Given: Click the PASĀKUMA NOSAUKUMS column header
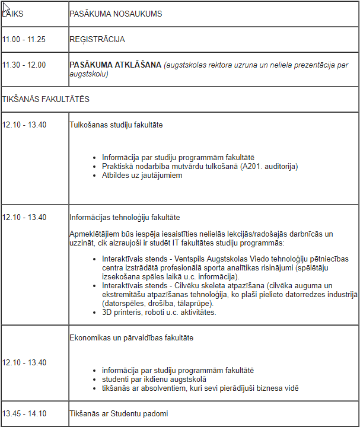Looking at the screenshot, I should tap(115, 13).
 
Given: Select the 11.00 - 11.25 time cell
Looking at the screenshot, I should tap(24, 40).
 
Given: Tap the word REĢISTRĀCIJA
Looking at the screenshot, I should tap(97, 40).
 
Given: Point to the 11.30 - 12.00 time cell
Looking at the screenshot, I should tap(24, 65).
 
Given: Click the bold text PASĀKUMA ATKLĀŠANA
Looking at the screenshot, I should tap(116, 65).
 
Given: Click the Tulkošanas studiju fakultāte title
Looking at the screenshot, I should tap(116, 125).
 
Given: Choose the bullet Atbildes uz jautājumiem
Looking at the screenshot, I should tap(142, 175).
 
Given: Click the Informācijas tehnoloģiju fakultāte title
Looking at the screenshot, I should tap(125, 218).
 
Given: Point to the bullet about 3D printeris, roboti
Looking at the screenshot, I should tap(159, 312).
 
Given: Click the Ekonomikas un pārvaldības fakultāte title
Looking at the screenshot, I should tap(131, 338).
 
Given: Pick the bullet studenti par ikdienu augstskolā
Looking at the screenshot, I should tap(154, 380).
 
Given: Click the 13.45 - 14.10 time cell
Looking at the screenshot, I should tap(24, 413).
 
